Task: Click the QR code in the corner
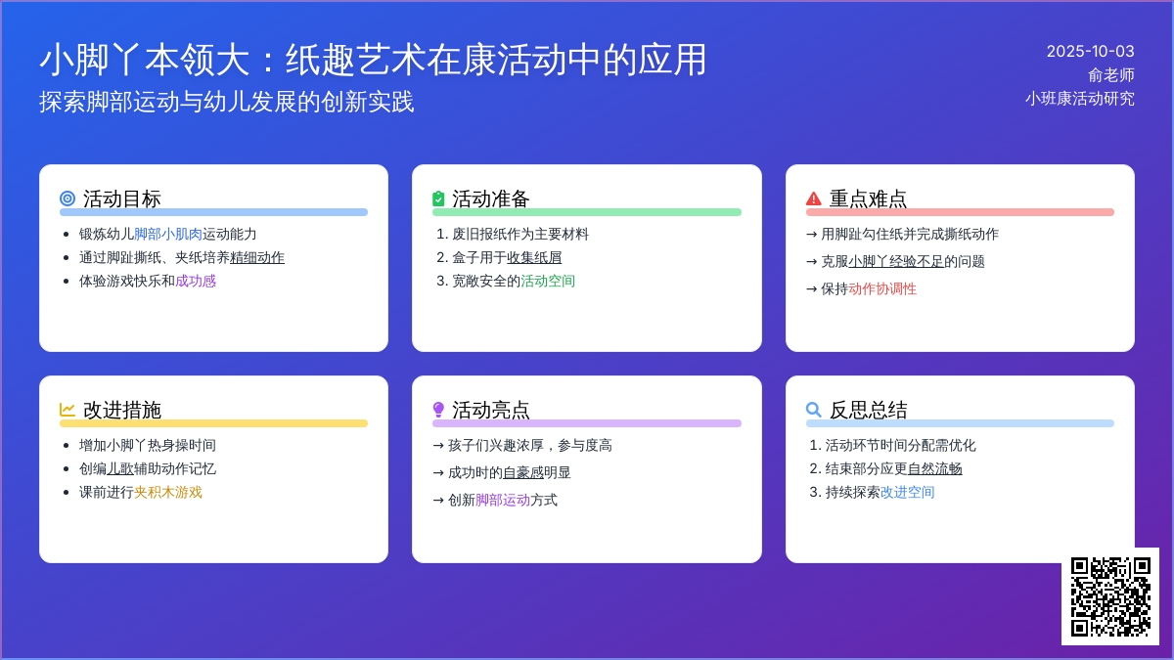click(x=1110, y=596)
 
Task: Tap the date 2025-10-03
click(x=1090, y=51)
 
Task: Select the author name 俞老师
click(x=1111, y=75)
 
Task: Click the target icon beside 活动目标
click(x=68, y=198)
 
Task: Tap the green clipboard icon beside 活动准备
click(x=438, y=198)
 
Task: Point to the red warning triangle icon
click(x=813, y=198)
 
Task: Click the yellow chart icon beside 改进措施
click(x=68, y=410)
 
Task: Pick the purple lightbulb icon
click(x=438, y=410)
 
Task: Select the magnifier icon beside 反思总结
click(x=813, y=410)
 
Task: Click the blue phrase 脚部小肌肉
click(x=167, y=234)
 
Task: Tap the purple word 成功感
click(x=196, y=282)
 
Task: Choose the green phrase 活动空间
click(x=548, y=282)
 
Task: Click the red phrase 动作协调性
click(x=882, y=289)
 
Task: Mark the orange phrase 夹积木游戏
click(x=167, y=493)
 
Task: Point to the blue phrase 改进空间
click(x=907, y=493)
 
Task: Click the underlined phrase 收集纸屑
click(x=534, y=258)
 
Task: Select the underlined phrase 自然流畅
click(x=934, y=468)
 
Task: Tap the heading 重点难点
click(x=868, y=198)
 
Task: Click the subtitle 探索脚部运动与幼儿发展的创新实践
click(x=226, y=102)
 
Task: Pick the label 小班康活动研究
click(x=1080, y=99)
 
